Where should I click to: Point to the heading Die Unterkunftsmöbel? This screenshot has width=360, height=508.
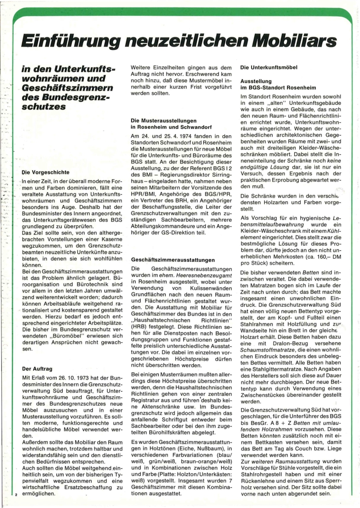(x=269, y=67)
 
